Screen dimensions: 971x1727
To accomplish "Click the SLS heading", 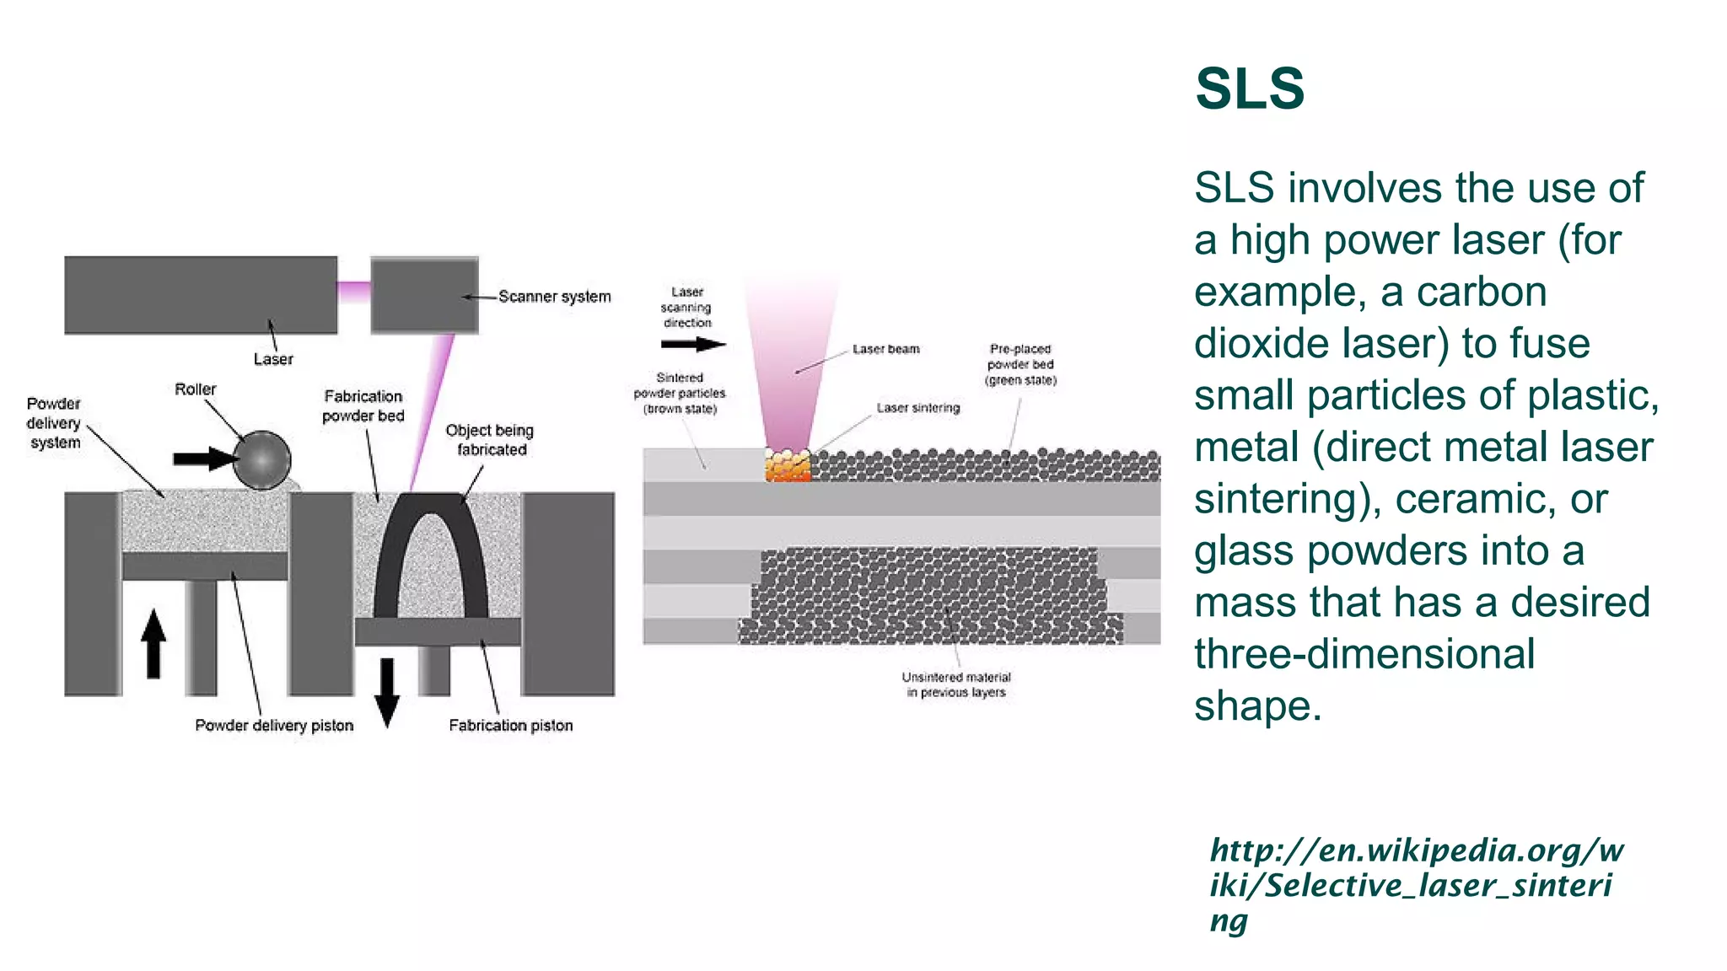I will [x=1250, y=89].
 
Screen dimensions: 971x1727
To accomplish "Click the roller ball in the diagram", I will [x=262, y=460].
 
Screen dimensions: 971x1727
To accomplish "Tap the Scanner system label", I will [x=554, y=297].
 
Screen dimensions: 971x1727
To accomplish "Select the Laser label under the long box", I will [x=273, y=359].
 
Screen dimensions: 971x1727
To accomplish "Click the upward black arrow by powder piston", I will [x=153, y=644].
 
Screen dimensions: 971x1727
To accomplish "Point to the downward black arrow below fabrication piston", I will [x=387, y=692].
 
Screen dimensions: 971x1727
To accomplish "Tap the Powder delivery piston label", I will [x=274, y=726].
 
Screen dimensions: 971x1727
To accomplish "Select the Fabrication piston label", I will [x=510, y=726].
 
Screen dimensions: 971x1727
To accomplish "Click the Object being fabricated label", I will [x=490, y=440].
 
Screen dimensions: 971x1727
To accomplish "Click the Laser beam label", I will [x=885, y=349].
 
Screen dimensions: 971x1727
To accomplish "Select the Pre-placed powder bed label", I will [x=1020, y=364].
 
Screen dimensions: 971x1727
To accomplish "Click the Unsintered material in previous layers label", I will [x=956, y=684].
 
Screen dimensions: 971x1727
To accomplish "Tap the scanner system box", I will [x=424, y=295].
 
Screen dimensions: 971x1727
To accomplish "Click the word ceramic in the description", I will [x=1474, y=499].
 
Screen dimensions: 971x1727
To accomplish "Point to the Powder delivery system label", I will [x=54, y=423].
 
